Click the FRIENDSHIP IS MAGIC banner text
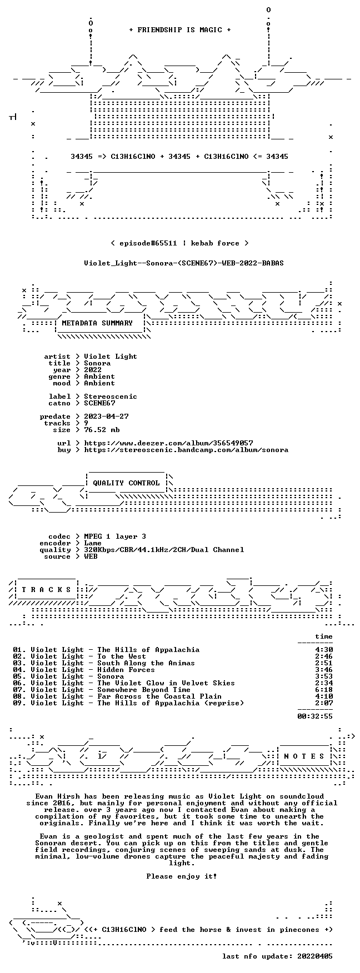[x=179, y=30]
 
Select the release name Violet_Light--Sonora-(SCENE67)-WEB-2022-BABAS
[x=184, y=263]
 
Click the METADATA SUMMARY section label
[x=97, y=323]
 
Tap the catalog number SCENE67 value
[x=99, y=403]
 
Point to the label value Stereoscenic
[x=111, y=397]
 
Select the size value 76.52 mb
[x=102, y=430]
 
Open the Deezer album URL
[x=168, y=443]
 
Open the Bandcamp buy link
[x=186, y=450]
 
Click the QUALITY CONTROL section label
[x=126, y=483]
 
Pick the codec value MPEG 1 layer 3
[x=115, y=536]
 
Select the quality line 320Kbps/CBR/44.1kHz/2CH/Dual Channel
[x=164, y=550]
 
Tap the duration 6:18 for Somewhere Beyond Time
[x=324, y=690]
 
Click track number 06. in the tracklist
[x=19, y=683]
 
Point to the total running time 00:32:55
[x=315, y=716]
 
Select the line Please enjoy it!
[x=182, y=876]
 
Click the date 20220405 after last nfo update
[x=315, y=956]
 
